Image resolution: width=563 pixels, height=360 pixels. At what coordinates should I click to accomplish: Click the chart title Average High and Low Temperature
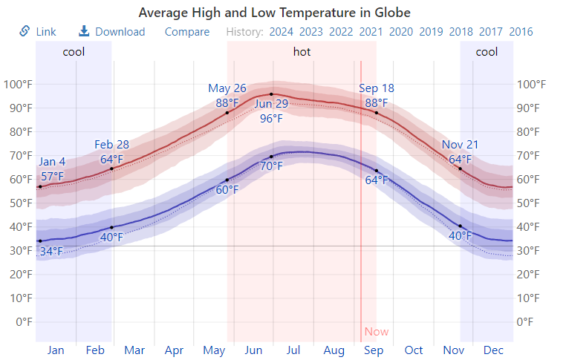click(x=275, y=13)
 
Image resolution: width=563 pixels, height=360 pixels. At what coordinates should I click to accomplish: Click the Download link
click(x=112, y=32)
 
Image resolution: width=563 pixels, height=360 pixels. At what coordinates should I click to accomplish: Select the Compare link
click(x=187, y=32)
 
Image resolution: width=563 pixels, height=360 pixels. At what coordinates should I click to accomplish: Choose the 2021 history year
click(x=371, y=32)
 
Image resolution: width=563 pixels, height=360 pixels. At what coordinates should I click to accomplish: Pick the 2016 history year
click(x=521, y=32)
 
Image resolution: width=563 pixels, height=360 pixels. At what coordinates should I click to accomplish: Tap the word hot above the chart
click(x=302, y=52)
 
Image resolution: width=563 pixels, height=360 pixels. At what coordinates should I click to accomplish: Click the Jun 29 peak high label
click(x=271, y=104)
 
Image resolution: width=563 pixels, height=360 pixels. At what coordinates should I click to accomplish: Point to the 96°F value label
click(x=271, y=119)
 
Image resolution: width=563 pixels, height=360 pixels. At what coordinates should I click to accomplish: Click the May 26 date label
click(x=227, y=88)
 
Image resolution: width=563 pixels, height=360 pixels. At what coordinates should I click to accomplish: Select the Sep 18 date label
click(x=377, y=88)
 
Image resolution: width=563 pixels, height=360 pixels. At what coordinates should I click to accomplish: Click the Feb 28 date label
click(x=112, y=144)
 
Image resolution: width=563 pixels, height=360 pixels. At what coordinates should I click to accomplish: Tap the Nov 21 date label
click(x=461, y=144)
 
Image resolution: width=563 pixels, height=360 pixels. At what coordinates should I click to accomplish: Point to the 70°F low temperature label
click(x=271, y=166)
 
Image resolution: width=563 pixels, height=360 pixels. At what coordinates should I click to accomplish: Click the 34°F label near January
click(x=51, y=251)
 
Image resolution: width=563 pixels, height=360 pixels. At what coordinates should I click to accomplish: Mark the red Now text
click(x=377, y=332)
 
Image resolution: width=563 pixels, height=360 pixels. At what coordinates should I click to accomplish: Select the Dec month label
click(x=494, y=350)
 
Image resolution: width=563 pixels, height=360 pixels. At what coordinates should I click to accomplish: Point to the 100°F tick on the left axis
click(x=18, y=84)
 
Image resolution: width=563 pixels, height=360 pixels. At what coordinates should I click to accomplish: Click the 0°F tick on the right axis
click(x=527, y=321)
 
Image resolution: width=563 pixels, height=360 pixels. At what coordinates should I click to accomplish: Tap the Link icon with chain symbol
click(x=25, y=31)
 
